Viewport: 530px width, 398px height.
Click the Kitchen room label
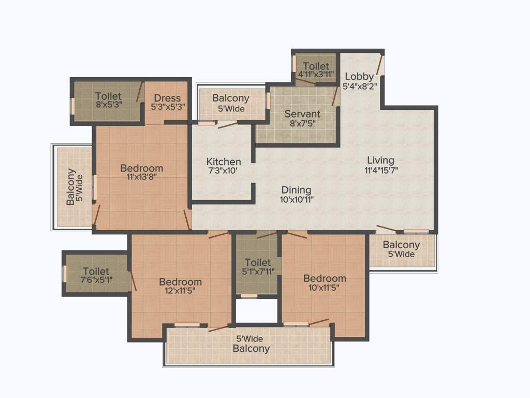[x=224, y=162]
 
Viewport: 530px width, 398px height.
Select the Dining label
[x=297, y=190]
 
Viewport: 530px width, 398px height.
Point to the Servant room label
[x=302, y=113]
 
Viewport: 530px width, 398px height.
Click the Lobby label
[x=359, y=76]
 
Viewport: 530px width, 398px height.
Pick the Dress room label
[x=167, y=98]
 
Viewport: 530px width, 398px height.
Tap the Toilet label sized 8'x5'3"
[x=109, y=96]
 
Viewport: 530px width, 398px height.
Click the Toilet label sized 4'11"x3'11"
[x=316, y=66]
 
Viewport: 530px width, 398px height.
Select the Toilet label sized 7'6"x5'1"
[x=96, y=271]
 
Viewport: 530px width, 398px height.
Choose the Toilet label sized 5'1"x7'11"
[x=258, y=263]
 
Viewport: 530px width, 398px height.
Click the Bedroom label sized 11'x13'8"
[x=142, y=168]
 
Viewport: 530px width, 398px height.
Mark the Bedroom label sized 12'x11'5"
[x=180, y=282]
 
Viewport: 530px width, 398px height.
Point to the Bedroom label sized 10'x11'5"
[x=325, y=278]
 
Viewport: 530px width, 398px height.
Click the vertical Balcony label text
[x=71, y=187]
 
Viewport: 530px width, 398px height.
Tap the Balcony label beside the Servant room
[x=231, y=98]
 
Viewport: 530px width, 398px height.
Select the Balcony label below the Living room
[x=401, y=245]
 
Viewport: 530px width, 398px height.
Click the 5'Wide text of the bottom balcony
[x=251, y=339]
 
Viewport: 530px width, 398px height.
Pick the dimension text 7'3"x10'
[x=224, y=170]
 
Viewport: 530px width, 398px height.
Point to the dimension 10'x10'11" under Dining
[x=297, y=199]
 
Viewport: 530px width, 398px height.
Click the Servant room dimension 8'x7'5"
[x=302, y=123]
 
